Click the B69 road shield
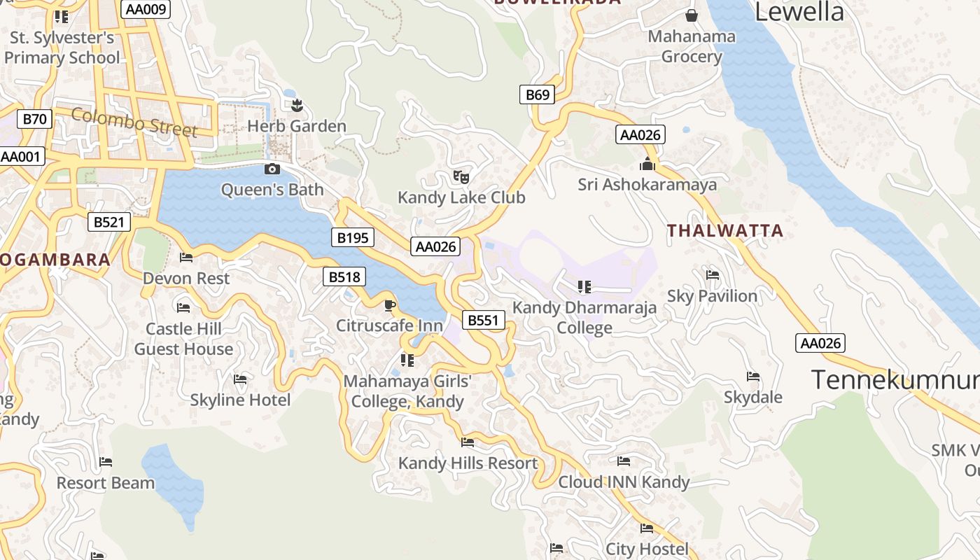pos(537,94)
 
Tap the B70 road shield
pos(34,119)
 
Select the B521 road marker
pos(109,223)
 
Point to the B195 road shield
pos(352,237)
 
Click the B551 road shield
pos(483,321)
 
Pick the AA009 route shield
pos(146,9)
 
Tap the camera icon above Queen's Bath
pos(272,169)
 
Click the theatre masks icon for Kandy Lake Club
pos(461,176)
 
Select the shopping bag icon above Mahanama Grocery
pos(692,15)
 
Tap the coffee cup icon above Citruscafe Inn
pos(390,305)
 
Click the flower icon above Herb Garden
pos(297,106)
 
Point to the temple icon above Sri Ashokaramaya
pos(647,164)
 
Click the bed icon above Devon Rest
pos(186,258)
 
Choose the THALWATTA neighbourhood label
pos(724,230)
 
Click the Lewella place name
pos(799,12)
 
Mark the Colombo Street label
pos(134,122)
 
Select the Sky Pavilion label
pos(712,296)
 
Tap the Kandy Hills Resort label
pos(468,463)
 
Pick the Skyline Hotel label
pos(240,400)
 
